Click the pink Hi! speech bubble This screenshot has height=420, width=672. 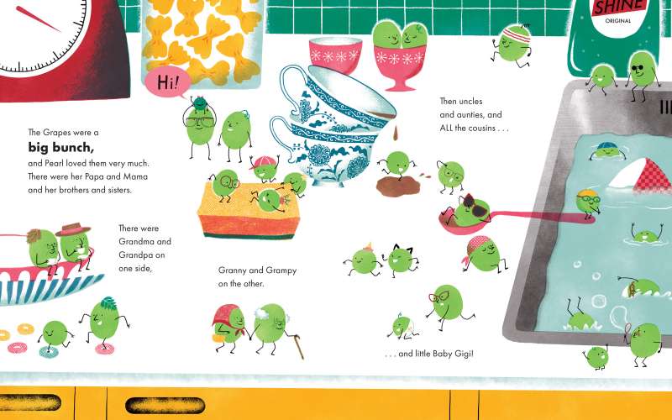point(167,81)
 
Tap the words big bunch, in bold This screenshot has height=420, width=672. point(60,147)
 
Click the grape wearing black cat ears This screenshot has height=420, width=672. point(401,259)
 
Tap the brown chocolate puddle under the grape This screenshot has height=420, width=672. point(392,186)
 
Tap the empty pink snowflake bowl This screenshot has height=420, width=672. point(335,55)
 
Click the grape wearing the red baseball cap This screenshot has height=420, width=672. point(265,168)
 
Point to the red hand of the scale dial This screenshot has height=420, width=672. point(39,19)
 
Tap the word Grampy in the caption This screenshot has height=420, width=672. point(281,270)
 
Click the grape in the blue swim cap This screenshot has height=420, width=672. point(606,151)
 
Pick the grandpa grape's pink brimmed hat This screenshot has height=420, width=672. point(73,228)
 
